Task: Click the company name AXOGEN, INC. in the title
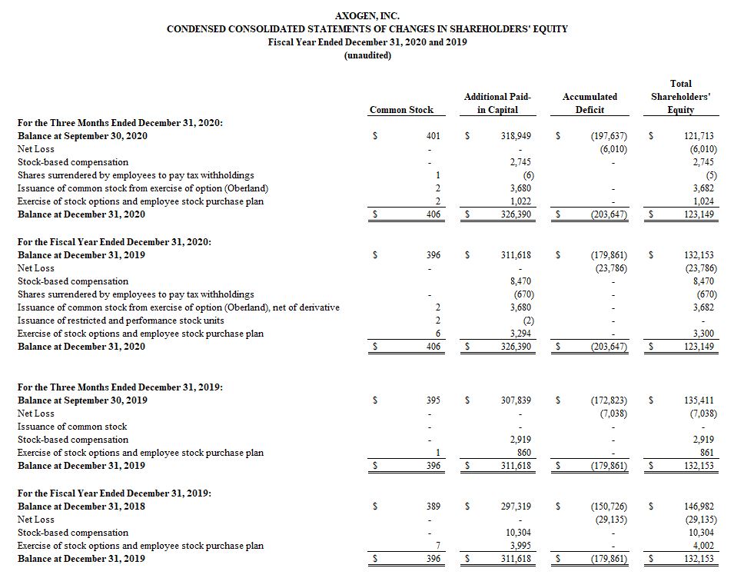coord(367,15)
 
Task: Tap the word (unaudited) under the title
coord(367,55)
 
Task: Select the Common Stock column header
coord(401,110)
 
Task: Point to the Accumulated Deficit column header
coord(590,103)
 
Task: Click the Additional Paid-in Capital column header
coord(497,103)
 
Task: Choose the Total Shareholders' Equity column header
coord(680,97)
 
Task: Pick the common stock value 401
coord(433,136)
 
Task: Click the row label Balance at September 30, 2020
coord(82,136)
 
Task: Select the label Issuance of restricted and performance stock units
coord(121,321)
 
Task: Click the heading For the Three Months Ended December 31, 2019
coord(120,387)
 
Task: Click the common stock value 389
coord(433,507)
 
